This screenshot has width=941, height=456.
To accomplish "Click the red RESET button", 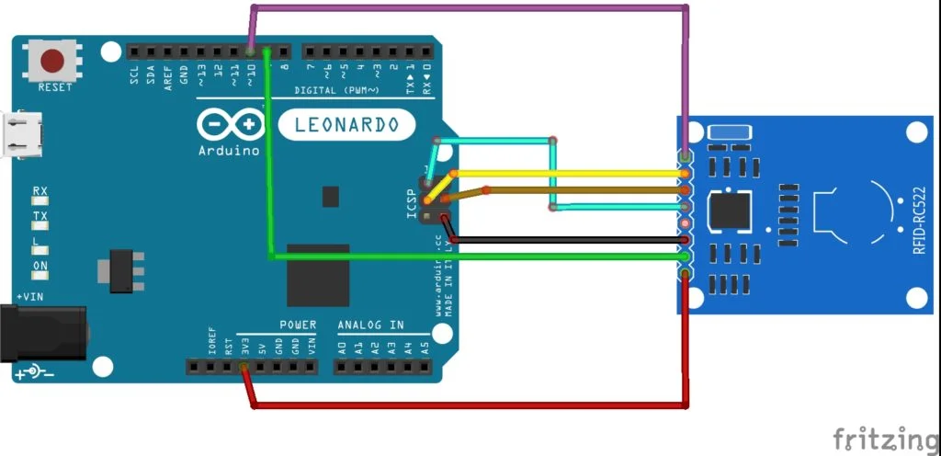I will [x=53, y=61].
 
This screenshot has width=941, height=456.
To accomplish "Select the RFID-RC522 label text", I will [x=918, y=217].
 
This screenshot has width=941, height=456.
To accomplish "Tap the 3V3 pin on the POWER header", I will [x=244, y=348].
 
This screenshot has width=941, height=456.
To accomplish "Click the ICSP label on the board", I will [x=413, y=204].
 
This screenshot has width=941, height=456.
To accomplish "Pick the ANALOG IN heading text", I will [x=370, y=325].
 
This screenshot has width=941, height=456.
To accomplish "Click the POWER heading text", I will [x=298, y=325].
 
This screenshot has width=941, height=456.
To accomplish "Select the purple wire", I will [x=469, y=8].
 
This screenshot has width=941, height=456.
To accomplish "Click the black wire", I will [x=570, y=241].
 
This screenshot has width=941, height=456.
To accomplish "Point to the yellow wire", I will [x=570, y=173].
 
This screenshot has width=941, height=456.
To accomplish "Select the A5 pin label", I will [x=424, y=348].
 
